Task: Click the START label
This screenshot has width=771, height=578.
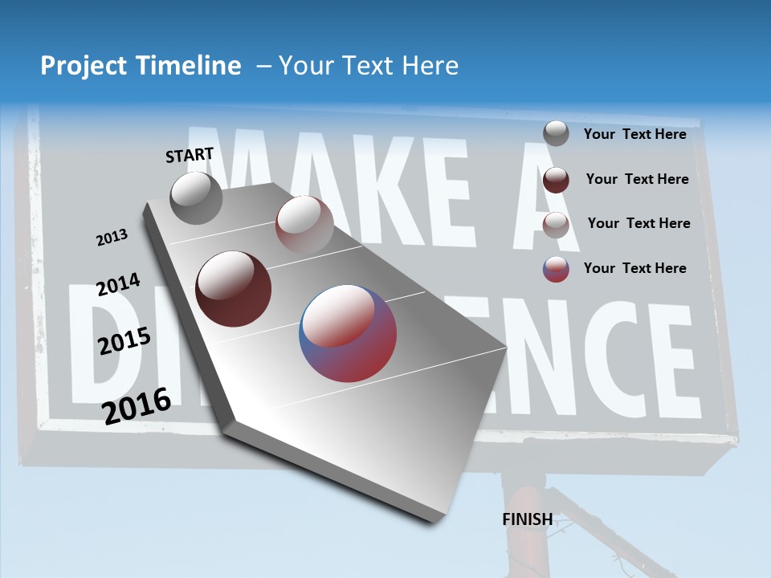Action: [190, 155]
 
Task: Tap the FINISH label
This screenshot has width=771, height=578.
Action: [527, 519]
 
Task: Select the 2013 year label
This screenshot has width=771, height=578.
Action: [112, 238]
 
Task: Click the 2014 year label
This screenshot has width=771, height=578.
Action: [118, 285]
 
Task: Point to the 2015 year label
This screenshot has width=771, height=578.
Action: [124, 341]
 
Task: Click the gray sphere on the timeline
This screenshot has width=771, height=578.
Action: [197, 198]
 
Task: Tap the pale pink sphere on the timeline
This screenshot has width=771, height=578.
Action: [304, 224]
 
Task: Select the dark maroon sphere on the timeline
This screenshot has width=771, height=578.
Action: [234, 289]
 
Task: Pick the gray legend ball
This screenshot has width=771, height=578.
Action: [556, 133]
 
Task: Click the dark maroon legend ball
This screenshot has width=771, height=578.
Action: [556, 179]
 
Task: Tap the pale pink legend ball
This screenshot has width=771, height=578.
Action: [556, 224]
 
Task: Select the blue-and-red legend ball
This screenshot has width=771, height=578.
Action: [556, 269]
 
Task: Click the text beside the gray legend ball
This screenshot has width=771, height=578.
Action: [634, 134]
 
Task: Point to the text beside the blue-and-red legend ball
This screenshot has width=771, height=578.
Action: [634, 268]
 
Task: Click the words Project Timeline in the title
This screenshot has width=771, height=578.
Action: [141, 66]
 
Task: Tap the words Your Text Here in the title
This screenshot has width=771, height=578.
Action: [369, 66]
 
